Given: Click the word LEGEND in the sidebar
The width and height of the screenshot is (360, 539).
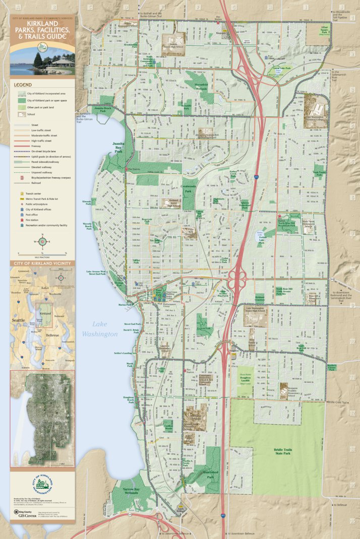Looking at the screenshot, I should (23, 85).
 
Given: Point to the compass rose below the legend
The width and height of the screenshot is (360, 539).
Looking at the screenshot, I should (42, 241).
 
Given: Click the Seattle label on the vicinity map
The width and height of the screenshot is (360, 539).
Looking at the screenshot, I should (20, 320).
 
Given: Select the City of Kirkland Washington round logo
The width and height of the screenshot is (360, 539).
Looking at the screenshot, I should (43, 485).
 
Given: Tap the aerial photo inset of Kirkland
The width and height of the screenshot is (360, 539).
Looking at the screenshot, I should (42, 418).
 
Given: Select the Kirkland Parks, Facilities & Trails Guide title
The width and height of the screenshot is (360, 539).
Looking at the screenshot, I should (43, 30).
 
